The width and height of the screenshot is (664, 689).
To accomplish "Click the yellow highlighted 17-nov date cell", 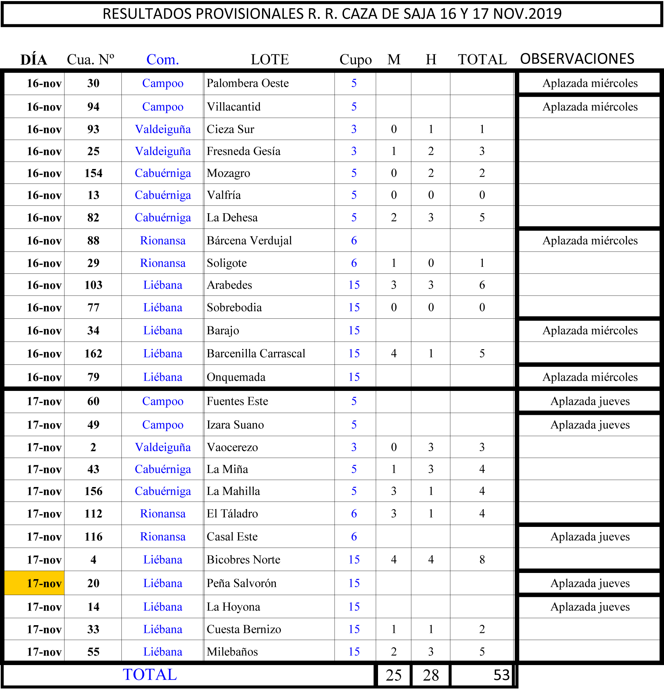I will [x=34, y=583].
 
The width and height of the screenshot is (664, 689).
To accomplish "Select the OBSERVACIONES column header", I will [x=577, y=59].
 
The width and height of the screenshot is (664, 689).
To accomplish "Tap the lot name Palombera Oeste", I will [x=248, y=83].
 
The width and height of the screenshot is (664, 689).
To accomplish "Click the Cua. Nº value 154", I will [x=94, y=173].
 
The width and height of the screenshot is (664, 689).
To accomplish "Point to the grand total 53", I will [x=502, y=675].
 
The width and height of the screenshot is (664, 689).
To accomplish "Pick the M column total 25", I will [x=394, y=675].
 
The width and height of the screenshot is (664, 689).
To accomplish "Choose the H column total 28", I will [x=431, y=675].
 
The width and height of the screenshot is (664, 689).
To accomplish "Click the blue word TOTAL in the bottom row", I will [x=150, y=674].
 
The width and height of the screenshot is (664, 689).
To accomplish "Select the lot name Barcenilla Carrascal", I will [x=256, y=354].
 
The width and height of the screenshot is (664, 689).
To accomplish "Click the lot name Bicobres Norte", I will [x=244, y=560].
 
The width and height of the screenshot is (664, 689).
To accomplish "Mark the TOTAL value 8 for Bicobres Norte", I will [x=482, y=560].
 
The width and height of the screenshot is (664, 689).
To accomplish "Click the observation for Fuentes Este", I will [x=590, y=401].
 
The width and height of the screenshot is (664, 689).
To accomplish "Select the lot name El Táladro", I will [x=232, y=514].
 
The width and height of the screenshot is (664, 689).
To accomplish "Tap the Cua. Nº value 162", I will [x=94, y=354].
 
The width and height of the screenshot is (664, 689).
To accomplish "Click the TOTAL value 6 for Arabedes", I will [x=482, y=285].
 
